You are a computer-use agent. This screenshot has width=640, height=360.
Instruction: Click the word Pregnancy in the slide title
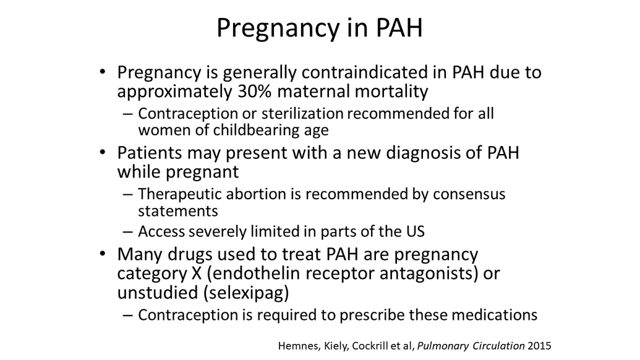click(278, 28)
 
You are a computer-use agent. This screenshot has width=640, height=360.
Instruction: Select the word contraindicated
click(374, 72)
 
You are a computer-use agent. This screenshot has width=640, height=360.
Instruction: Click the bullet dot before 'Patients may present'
click(103, 152)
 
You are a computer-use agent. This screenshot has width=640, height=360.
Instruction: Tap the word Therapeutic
click(179, 194)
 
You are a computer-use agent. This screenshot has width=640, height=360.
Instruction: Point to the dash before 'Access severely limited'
click(128, 232)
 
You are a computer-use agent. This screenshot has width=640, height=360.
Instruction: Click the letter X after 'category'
click(196, 273)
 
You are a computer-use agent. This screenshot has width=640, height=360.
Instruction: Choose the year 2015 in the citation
click(539, 346)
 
